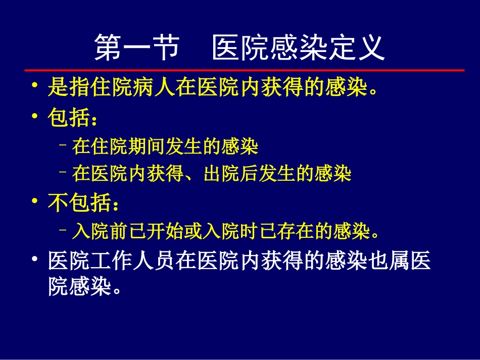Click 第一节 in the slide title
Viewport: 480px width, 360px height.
pos(137,48)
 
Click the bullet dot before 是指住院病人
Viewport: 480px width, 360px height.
pos(34,87)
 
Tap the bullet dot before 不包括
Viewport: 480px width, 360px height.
pos(34,202)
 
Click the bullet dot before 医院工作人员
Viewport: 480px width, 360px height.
pos(34,260)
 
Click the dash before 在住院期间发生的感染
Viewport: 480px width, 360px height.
pos(63,147)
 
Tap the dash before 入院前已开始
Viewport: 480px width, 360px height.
pos(63,232)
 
